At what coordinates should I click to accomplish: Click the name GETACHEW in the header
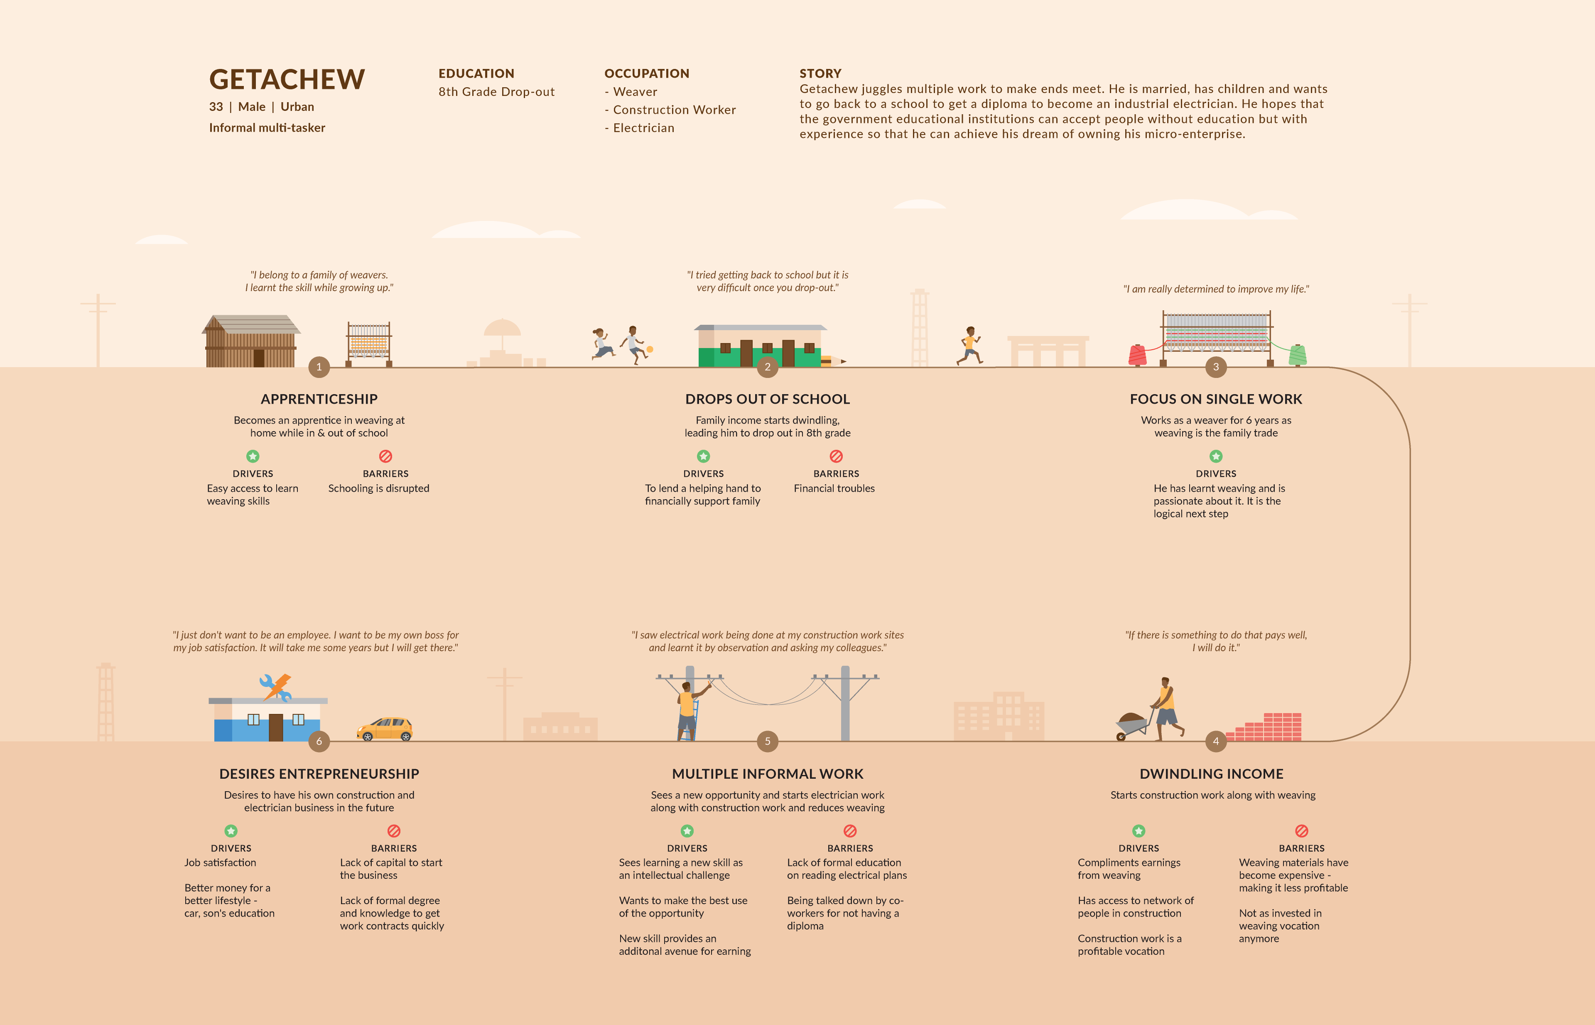pyautogui.click(x=287, y=79)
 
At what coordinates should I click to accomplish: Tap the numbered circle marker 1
pyautogui.click(x=319, y=367)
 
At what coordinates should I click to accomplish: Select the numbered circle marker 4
pyautogui.click(x=1215, y=741)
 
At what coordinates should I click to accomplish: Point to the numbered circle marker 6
pyautogui.click(x=319, y=741)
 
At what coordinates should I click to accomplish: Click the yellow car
pyautogui.click(x=385, y=729)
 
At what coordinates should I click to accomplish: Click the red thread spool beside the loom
pyautogui.click(x=1137, y=355)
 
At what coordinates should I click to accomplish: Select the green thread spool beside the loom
pyautogui.click(x=1297, y=355)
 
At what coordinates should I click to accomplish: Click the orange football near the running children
pyautogui.click(x=650, y=349)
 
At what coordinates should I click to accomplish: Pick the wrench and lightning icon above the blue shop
pyautogui.click(x=276, y=687)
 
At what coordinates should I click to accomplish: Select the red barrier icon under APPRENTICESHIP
pyautogui.click(x=385, y=456)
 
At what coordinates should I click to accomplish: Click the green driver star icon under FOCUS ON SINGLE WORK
pyautogui.click(x=1215, y=456)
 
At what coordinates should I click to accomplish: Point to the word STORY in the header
pyautogui.click(x=820, y=73)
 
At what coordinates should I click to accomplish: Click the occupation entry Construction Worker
pyautogui.click(x=674, y=110)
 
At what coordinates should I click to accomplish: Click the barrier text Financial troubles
pyautogui.click(x=834, y=488)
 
